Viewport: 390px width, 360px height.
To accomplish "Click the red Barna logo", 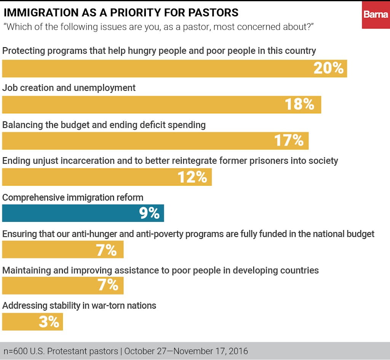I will pyautogui.click(x=376, y=15).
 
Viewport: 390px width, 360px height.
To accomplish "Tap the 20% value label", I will pyautogui.click(x=328, y=68).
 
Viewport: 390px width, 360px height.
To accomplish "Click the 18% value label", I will pyautogui.click(x=299, y=104).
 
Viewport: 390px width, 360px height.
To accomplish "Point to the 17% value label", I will pyautogui.click(x=289, y=140).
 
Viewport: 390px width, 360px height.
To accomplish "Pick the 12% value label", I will pyautogui.click(x=192, y=177).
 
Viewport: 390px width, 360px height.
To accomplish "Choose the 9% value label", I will pyautogui.click(x=149, y=213).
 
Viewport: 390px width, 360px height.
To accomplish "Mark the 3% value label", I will pyautogui.click(x=49, y=322).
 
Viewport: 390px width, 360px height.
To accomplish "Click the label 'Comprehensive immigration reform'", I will pyautogui.click(x=73, y=198).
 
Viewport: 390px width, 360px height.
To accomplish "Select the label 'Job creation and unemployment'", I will pyautogui.click(x=69, y=88).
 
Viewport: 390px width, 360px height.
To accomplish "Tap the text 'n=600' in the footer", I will pyautogui.click(x=14, y=351).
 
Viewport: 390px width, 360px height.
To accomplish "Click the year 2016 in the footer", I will pyautogui.click(x=238, y=351).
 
